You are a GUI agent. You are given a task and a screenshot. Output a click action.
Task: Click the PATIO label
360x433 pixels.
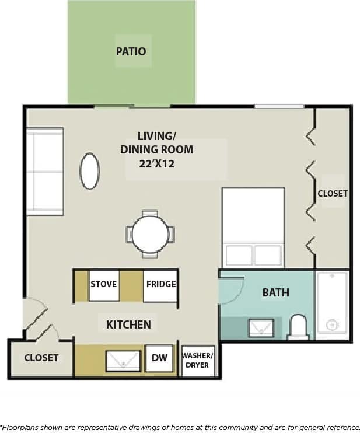(131, 51)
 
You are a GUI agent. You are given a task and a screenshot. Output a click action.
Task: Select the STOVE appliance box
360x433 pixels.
(104, 285)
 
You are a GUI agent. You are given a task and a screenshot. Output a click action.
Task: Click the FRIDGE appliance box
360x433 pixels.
(160, 285)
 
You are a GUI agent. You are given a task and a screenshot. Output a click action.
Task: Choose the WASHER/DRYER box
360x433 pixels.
(198, 361)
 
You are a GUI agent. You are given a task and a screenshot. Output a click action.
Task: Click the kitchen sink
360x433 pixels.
(123, 361)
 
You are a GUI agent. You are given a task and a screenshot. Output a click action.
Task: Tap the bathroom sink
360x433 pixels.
(261, 328)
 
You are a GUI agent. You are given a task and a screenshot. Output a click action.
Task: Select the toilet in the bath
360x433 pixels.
(298, 327)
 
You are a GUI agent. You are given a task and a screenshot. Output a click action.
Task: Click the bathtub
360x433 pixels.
(332, 303)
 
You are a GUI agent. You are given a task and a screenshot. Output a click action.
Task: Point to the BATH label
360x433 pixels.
(275, 292)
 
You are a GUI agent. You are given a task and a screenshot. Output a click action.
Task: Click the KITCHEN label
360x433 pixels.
(128, 324)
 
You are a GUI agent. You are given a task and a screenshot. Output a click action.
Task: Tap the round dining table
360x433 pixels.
(150, 234)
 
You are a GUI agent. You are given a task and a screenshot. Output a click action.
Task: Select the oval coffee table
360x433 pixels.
(89, 171)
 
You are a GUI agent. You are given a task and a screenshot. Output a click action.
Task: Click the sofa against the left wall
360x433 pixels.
(44, 171)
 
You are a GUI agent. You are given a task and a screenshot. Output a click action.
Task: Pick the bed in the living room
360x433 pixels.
(253, 227)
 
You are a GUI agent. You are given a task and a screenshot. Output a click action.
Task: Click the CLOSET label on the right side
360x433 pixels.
(333, 193)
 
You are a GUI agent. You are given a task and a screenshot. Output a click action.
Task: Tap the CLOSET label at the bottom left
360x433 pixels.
(41, 358)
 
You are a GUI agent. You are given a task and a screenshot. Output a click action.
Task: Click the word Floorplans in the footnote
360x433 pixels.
(20, 427)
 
